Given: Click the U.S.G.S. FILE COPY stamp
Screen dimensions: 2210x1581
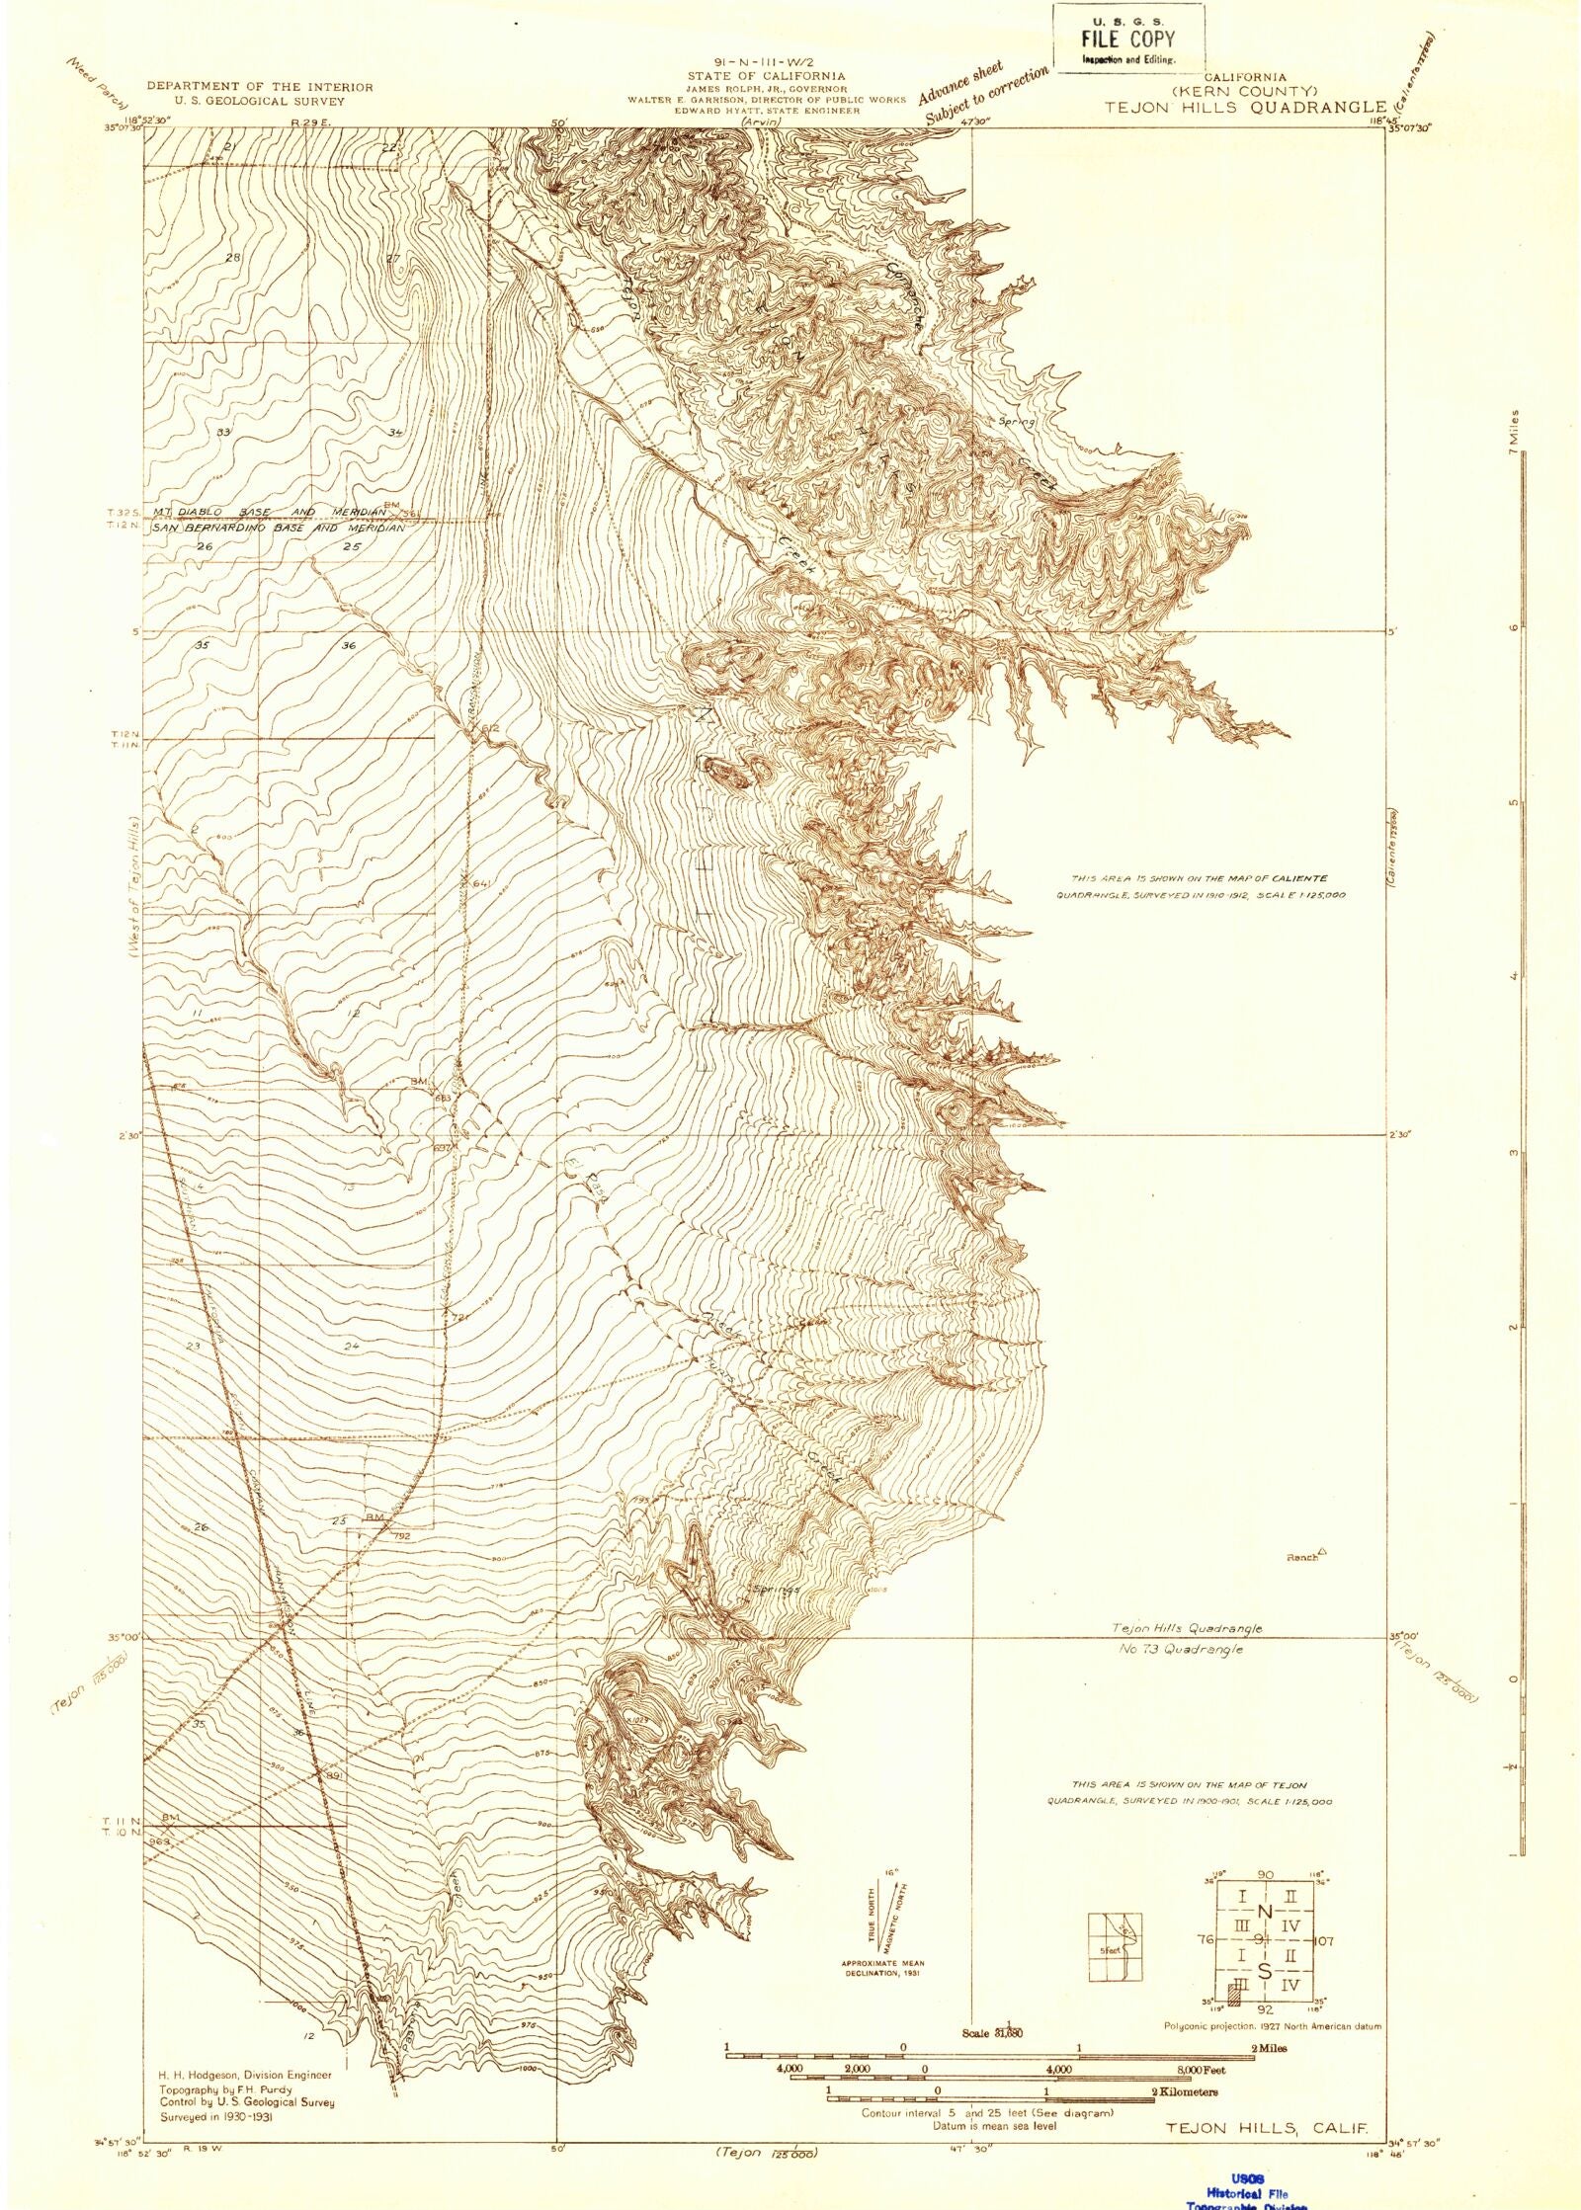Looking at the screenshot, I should point(1127,38).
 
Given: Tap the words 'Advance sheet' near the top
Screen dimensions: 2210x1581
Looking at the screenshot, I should point(960,83).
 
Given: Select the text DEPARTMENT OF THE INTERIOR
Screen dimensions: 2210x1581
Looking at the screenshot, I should point(260,87).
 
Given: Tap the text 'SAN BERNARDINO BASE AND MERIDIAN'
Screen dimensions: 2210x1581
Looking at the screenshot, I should point(279,529).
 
